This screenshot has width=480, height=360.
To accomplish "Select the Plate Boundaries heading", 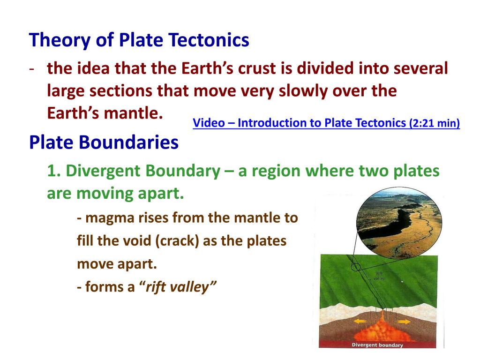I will pyautogui.click(x=104, y=142).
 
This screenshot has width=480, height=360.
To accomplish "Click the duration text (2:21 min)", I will pyautogui.click(x=435, y=123).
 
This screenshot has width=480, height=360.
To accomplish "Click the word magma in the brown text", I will pyautogui.click(x=106, y=218).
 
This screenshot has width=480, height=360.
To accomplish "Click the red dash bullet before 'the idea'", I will pyautogui.click(x=31, y=69).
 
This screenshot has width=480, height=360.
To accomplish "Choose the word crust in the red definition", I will pyautogui.click(x=253, y=69).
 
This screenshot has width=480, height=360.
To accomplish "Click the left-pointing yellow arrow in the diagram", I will pyautogui.click(x=359, y=322).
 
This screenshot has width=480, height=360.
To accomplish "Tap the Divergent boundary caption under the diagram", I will pyautogui.click(x=377, y=345).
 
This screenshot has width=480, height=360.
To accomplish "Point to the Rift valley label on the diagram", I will pyautogui.click(x=379, y=276).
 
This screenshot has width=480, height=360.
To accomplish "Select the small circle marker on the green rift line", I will pyautogui.click(x=356, y=268).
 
